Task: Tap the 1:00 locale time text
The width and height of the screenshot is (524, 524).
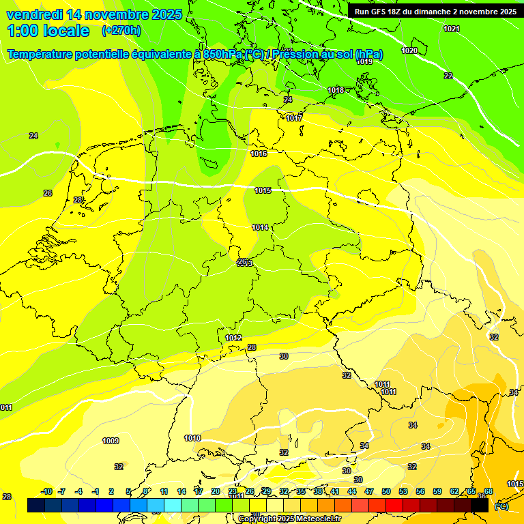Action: click(48, 31)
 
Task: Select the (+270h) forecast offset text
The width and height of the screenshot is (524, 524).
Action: click(121, 31)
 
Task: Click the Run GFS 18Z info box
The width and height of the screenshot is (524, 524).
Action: click(435, 12)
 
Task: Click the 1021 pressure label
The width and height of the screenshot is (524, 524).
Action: click(451, 29)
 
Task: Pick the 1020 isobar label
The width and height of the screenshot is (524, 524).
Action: click(409, 51)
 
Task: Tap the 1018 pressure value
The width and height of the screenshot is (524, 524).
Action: click(335, 90)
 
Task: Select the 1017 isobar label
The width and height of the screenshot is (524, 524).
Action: click(294, 118)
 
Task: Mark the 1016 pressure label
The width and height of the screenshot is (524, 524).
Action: click(259, 154)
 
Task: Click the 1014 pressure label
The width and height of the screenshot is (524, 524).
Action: click(260, 227)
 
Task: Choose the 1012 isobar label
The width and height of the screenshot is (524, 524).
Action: click(233, 338)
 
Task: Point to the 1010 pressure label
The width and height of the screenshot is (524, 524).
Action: click(192, 438)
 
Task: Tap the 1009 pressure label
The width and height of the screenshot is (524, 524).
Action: click(111, 441)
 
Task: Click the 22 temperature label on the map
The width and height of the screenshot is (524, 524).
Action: click(448, 76)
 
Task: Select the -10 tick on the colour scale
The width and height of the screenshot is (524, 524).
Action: click(46, 491)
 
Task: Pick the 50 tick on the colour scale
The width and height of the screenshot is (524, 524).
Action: click(386, 491)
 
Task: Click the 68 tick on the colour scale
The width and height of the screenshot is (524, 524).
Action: click(489, 491)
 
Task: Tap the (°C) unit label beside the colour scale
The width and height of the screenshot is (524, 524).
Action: click(501, 506)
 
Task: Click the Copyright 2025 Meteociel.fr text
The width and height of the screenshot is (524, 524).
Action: click(289, 519)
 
